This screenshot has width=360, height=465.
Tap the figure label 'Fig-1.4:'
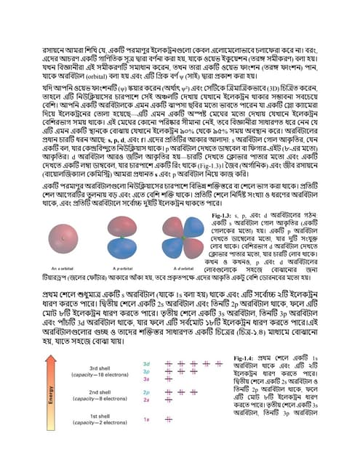click(247, 360)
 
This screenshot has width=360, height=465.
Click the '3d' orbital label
click(146, 363)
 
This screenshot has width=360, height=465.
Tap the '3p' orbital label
click(146, 371)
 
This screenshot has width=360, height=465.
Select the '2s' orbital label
click(146, 400)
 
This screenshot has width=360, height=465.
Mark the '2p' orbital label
click(146, 392)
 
